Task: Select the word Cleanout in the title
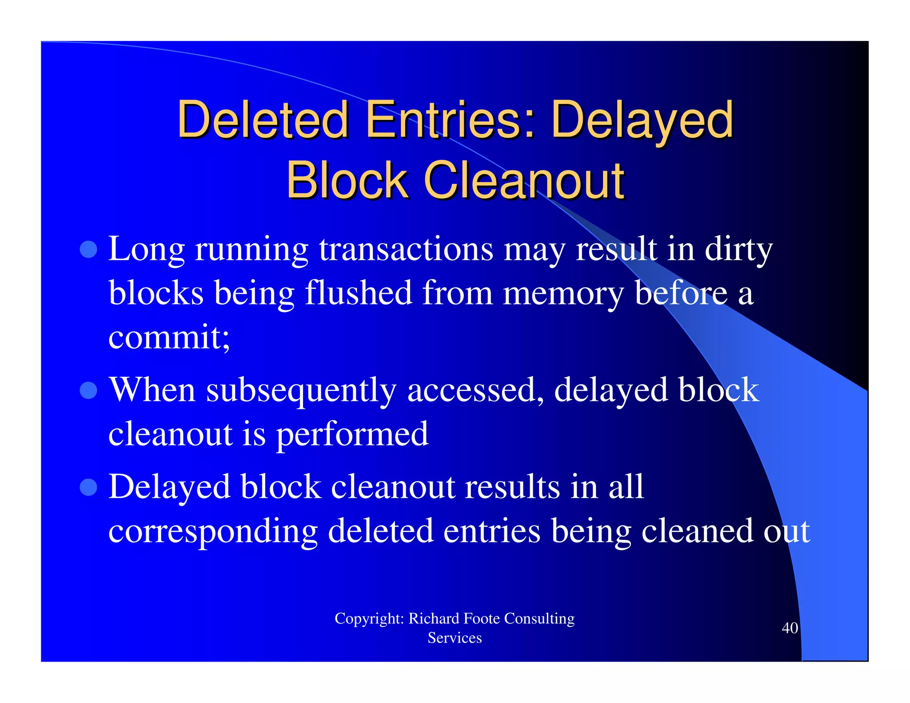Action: point(524,180)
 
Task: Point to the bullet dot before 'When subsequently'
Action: point(88,390)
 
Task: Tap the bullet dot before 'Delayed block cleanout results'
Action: point(88,487)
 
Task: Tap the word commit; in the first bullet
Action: point(169,337)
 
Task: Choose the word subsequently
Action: point(301,390)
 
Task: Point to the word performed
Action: point(352,434)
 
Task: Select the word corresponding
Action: point(213,531)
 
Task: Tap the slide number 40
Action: point(790,628)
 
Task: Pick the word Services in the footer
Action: point(455,638)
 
